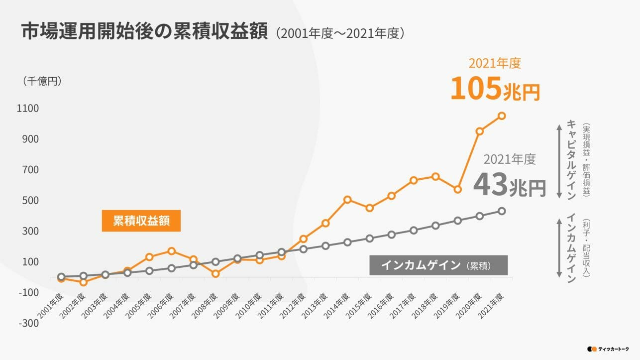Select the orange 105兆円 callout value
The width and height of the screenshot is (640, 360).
pos(495,89)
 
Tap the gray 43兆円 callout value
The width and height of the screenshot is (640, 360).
pos(509,184)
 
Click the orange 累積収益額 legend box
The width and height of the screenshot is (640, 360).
pos(141,221)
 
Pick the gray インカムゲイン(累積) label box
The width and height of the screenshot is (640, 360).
pos(438,265)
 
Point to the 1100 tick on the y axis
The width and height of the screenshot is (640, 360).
pos(29,108)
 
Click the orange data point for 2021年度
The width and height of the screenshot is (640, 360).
pos(502,116)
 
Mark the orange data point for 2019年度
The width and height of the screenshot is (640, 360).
pos(457,189)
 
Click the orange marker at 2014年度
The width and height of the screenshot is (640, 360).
pos(347,200)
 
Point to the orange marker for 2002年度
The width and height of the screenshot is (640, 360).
pos(83,282)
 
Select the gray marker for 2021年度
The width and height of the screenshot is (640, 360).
pos(502,211)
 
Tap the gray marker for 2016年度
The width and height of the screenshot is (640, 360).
pos(392,235)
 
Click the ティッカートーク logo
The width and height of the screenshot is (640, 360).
pos(608,349)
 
